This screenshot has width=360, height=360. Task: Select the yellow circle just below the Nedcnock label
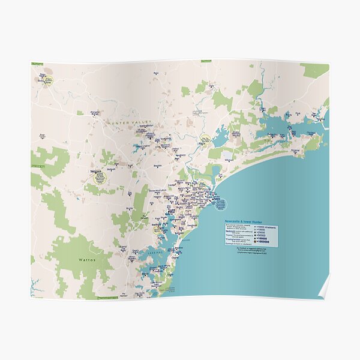point(100,177)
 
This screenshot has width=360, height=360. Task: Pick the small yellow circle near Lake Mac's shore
point(158,229)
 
